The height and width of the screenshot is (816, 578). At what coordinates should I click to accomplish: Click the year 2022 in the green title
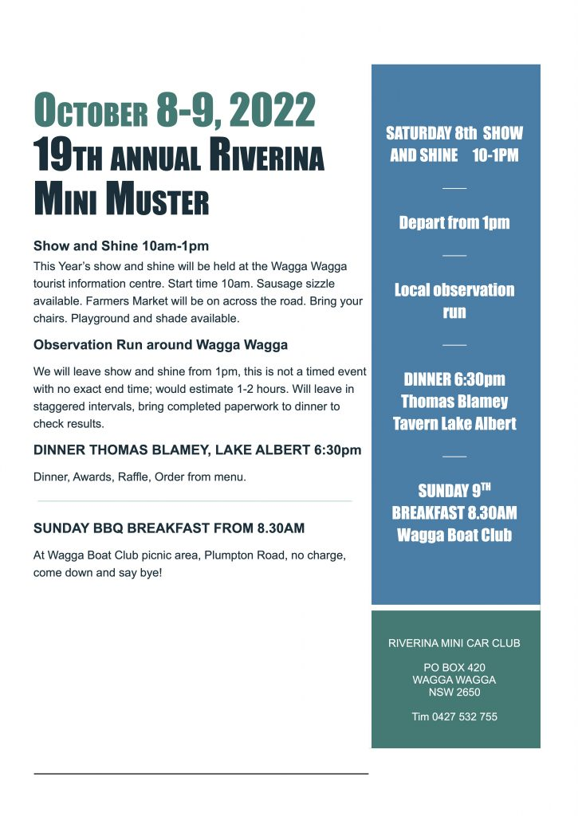pyautogui.click(x=271, y=111)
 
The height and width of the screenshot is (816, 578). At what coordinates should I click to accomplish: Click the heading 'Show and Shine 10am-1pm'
pyautogui.click(x=121, y=245)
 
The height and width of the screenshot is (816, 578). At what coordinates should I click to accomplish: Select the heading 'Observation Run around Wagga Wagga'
pyautogui.click(x=160, y=345)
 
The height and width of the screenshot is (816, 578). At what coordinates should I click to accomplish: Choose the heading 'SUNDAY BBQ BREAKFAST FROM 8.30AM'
pyautogui.click(x=168, y=528)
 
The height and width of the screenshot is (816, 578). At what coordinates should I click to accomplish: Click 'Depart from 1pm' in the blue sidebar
pyautogui.click(x=454, y=223)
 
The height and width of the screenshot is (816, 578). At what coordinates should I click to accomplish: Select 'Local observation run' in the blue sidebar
pyautogui.click(x=454, y=300)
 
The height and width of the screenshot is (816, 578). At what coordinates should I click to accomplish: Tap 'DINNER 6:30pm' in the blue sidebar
pyautogui.click(x=454, y=379)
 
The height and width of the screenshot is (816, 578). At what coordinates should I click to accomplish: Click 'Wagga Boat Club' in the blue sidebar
pyautogui.click(x=454, y=535)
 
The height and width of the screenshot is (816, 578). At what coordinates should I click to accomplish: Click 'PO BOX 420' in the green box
pyautogui.click(x=454, y=667)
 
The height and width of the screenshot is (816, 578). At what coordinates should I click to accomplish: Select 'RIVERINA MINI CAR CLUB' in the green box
pyautogui.click(x=454, y=643)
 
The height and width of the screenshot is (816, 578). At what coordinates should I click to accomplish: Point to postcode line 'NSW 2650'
pyautogui.click(x=454, y=692)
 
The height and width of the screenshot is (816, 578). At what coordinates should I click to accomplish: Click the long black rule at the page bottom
pyautogui.click(x=201, y=773)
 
